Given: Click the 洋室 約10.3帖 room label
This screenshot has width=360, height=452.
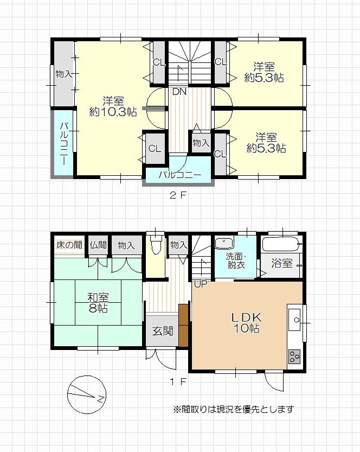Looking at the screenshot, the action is tap(113, 106).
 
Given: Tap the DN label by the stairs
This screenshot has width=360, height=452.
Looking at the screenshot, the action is tap(179, 92).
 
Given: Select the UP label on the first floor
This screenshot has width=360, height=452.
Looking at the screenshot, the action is tap(201, 284).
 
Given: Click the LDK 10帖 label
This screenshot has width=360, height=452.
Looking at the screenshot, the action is tap(247, 323).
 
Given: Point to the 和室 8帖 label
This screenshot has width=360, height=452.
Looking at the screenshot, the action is tap(98, 303).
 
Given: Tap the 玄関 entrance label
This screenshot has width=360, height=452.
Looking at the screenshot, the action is tap(163, 331).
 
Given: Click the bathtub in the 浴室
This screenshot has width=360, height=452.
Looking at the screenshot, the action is tap(281, 244).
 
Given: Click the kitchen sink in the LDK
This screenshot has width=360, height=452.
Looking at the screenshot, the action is tap(294, 319).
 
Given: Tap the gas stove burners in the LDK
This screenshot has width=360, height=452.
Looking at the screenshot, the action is tap(294, 356).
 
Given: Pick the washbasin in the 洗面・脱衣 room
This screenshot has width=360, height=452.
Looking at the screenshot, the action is tap(224, 243).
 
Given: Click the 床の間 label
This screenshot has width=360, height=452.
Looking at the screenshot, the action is tap(69, 245).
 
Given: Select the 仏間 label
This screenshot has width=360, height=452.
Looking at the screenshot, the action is tap(98, 245).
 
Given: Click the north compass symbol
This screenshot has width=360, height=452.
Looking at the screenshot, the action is tap(87, 395).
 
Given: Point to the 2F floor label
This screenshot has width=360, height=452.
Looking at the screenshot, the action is tap(178, 195).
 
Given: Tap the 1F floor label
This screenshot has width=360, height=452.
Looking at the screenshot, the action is tap(178, 382).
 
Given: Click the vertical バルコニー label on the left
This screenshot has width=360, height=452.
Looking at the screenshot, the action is tap(64, 144).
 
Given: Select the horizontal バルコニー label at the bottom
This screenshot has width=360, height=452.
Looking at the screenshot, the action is tap(180, 175).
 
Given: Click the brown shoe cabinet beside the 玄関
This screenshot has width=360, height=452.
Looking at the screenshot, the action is tap(183, 325).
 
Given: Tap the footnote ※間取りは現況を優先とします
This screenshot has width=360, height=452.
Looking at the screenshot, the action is tap(234, 409).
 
